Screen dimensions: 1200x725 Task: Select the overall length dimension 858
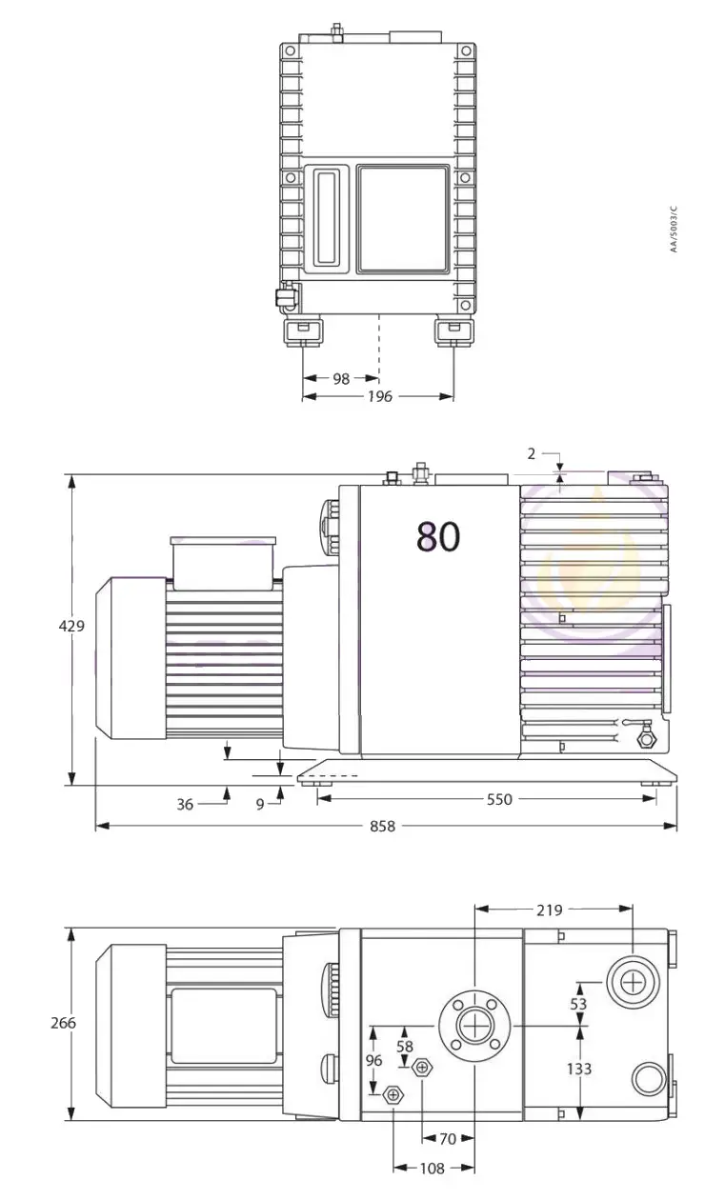382,827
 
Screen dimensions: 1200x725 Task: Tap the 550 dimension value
499,799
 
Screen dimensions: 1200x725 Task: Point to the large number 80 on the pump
438,537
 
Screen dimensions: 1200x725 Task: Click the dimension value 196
379,396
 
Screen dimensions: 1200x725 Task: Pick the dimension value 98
340,378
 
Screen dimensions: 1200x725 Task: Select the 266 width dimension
63,1023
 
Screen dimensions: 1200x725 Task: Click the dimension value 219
549,910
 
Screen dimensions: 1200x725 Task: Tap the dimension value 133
578,1069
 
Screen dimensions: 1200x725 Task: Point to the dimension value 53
578,1004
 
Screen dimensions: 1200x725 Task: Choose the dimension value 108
433,1168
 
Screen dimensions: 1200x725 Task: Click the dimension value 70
447,1138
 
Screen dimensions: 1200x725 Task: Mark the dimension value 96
373,1060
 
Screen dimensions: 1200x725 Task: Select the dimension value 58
405,1046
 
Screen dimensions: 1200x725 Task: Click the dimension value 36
185,804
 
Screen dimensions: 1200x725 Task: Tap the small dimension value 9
259,804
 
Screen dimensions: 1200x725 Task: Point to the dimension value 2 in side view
532,453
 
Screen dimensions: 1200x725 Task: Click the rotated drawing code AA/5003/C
673,230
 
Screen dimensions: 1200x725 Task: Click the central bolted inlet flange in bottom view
473,1026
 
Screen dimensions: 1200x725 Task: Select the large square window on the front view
402,218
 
